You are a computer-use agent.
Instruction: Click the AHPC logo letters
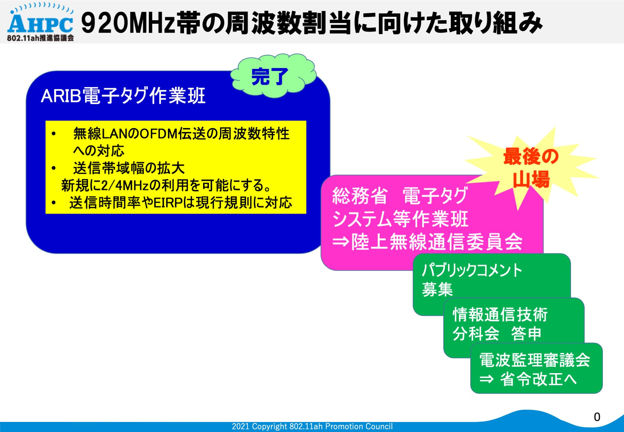coord(40,23)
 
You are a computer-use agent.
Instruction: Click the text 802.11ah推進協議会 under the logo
coord(40,38)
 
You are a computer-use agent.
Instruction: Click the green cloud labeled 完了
coord(273,76)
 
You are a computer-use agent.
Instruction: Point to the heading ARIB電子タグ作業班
coord(123,96)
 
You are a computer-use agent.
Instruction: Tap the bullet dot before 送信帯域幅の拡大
coord(54,168)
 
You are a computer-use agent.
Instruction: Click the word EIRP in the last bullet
coord(168,203)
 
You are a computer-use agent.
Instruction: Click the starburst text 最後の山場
coord(531,168)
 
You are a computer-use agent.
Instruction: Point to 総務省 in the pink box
coord(360,196)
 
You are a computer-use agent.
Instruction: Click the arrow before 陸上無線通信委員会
coord(341,242)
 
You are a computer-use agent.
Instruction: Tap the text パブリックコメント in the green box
coord(472,270)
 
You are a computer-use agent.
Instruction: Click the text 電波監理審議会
coord(535,360)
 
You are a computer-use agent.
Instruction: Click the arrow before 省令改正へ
coord(487,379)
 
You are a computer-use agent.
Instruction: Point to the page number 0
coord(597,417)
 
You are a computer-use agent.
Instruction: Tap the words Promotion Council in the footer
coord(359,426)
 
